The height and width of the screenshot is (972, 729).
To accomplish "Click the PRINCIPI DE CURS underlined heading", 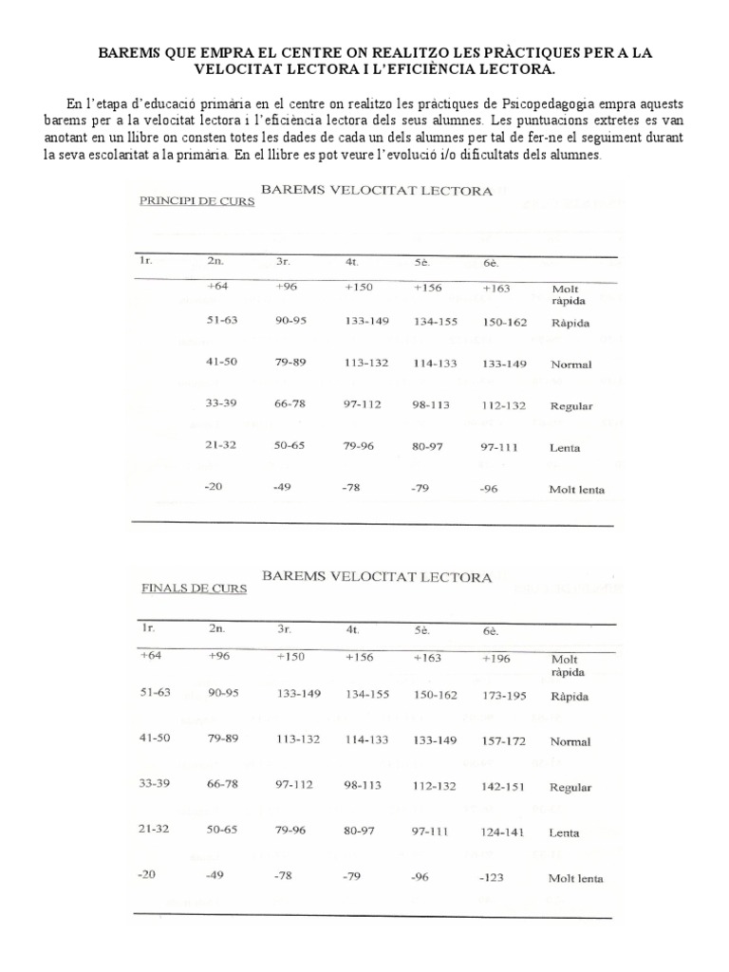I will point(196,201).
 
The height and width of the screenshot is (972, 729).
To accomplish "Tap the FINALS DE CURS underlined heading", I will point(193,588).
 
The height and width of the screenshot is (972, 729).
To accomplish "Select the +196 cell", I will point(498,656).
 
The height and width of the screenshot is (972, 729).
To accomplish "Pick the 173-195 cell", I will point(505,696).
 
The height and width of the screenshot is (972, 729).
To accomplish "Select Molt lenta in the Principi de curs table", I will point(576,491).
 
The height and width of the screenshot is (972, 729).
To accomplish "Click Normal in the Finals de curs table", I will point(570,741).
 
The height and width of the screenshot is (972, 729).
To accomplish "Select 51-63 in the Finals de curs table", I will point(155,692).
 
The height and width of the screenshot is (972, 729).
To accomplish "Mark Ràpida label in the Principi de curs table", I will point(570,324).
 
